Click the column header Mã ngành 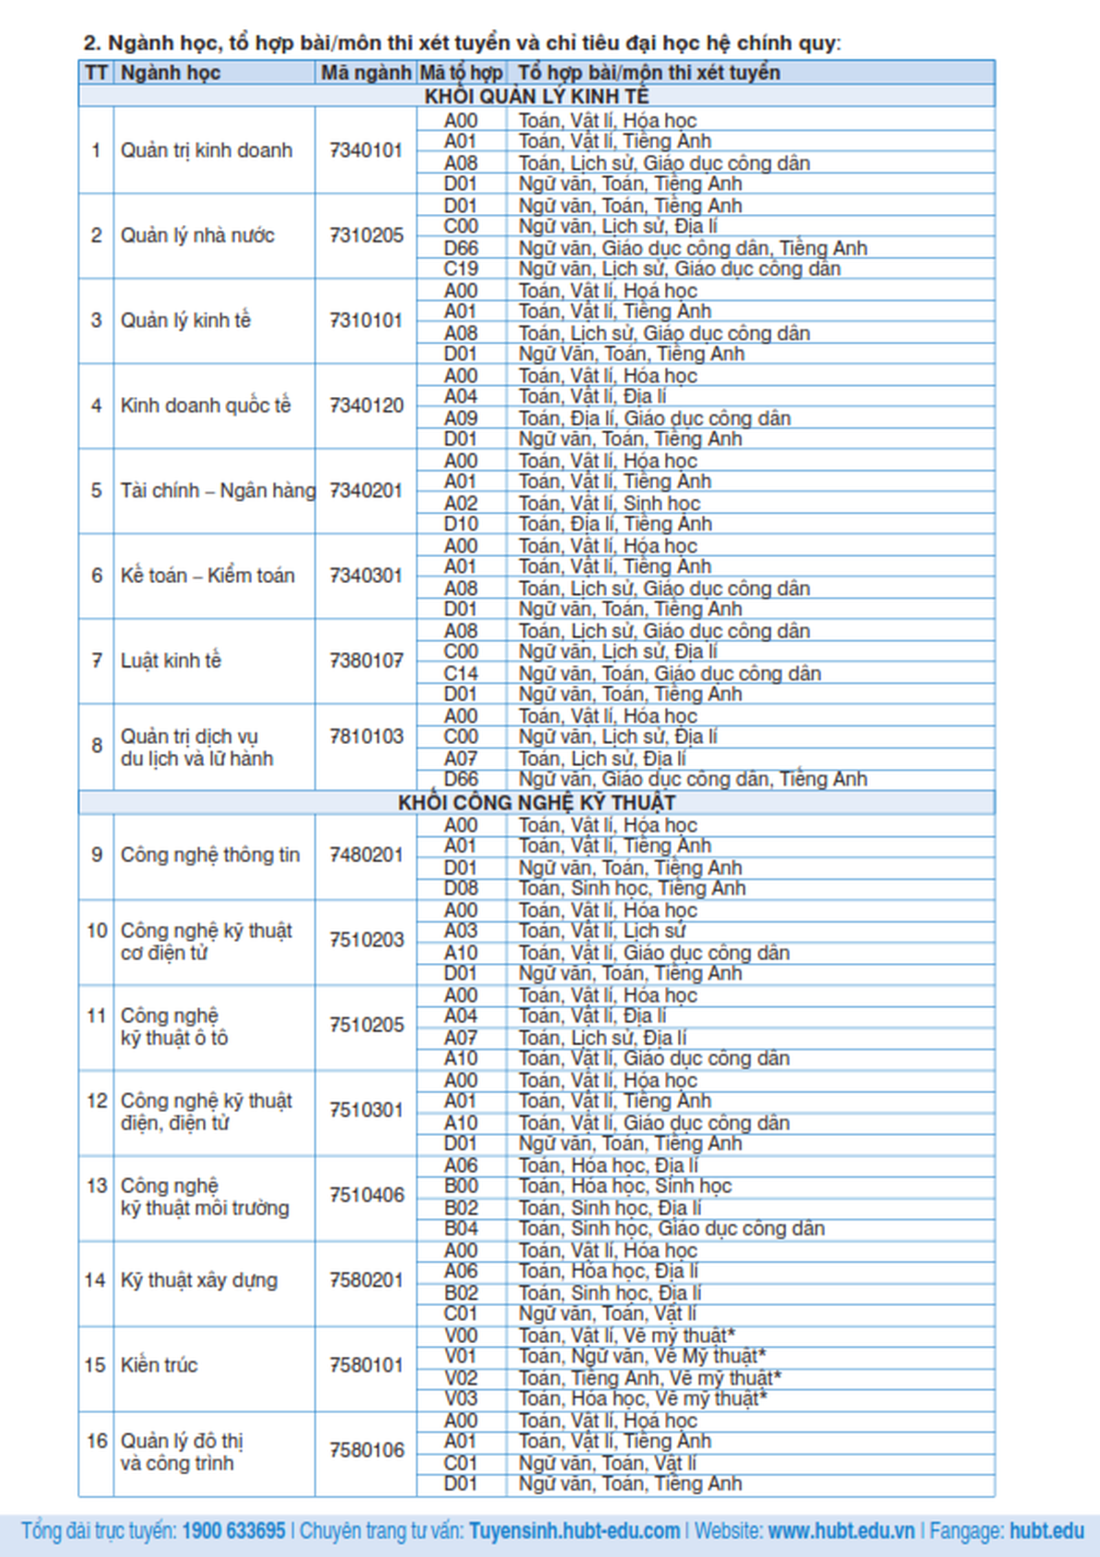[x=366, y=73]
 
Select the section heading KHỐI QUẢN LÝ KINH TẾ [x=536, y=96]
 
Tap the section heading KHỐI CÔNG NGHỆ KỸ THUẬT [x=536, y=803]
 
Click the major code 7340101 [x=366, y=151]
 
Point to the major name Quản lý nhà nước [x=197, y=236]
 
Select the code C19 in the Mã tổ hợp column [x=461, y=269]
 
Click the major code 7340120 [x=366, y=406]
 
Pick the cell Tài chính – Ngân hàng [x=217, y=491]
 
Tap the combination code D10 [x=461, y=524]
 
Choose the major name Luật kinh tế [x=171, y=661]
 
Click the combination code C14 [x=461, y=673]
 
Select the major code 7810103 [x=366, y=737]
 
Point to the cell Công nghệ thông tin [x=210, y=855]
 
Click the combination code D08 [x=461, y=889]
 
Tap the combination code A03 [x=461, y=931]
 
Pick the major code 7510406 [x=366, y=1195]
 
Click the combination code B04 [x=461, y=1229]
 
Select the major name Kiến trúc [x=159, y=1365]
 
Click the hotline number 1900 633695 [x=233, y=1531]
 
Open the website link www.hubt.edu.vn [x=841, y=1531]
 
